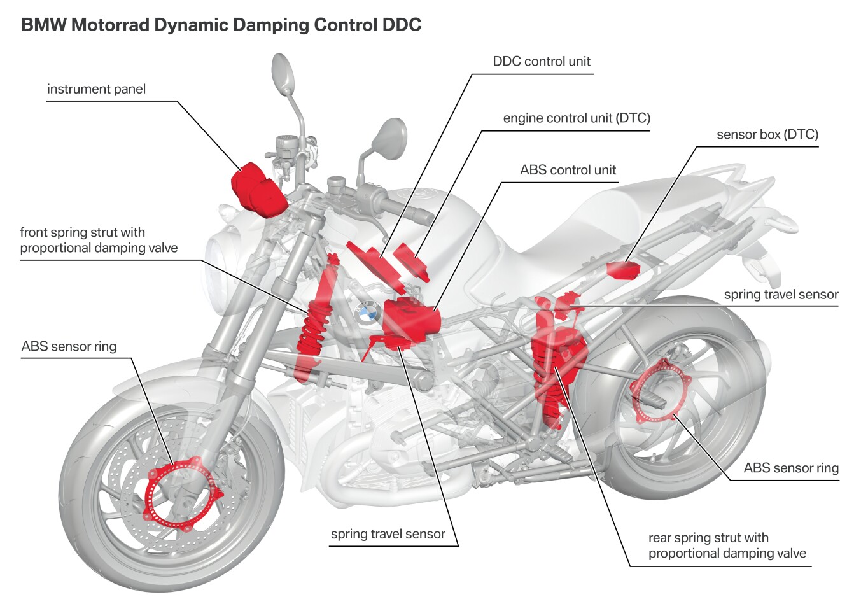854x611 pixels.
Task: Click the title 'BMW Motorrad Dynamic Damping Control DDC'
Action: [221, 25]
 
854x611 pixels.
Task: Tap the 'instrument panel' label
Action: [96, 89]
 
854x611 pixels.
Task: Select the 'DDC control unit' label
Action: [542, 62]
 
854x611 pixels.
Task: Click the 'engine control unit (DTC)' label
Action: [577, 118]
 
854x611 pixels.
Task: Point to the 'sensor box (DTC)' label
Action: [767, 134]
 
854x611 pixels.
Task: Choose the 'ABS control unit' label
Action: [568, 170]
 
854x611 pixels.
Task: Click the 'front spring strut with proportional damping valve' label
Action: [99, 241]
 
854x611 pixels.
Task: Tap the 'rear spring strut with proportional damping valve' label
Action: [727, 546]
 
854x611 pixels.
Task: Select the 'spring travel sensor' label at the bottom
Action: [388, 534]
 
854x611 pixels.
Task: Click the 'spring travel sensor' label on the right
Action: [781, 295]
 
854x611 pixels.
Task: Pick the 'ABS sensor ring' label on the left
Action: [69, 346]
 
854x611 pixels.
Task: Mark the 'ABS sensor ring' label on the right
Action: [791, 468]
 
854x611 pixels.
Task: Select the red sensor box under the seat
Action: [622, 270]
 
